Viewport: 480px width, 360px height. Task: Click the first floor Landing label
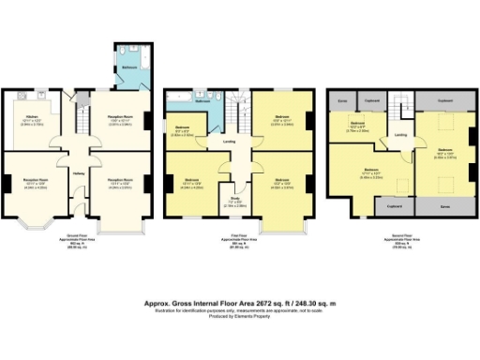[x=229, y=143]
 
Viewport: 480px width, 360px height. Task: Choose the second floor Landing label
[x=400, y=135]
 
